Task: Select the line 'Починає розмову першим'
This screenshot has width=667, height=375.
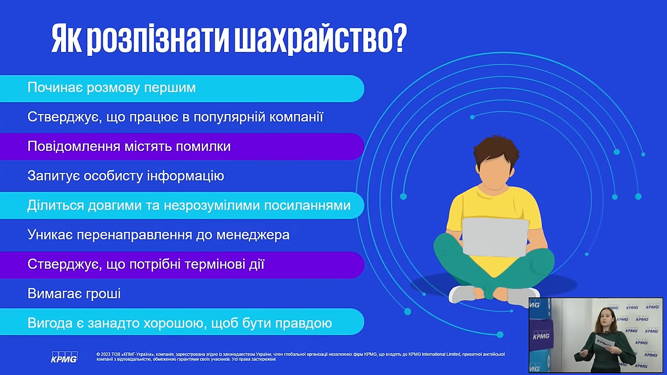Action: [x=112, y=88]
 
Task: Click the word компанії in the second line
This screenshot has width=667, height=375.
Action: [x=296, y=117]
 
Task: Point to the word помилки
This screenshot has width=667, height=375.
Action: [x=203, y=146]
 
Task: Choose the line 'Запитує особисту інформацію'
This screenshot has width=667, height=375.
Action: [x=125, y=176]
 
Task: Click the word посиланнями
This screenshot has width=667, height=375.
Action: [x=307, y=205]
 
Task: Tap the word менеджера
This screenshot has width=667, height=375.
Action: [x=253, y=235]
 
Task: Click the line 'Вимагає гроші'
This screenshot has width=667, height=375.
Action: [x=74, y=294]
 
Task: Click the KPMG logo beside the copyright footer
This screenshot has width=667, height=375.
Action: [x=64, y=357]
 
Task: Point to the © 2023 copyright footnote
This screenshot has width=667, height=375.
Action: [x=301, y=356]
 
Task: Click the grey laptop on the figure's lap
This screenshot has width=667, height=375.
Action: [x=495, y=237]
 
